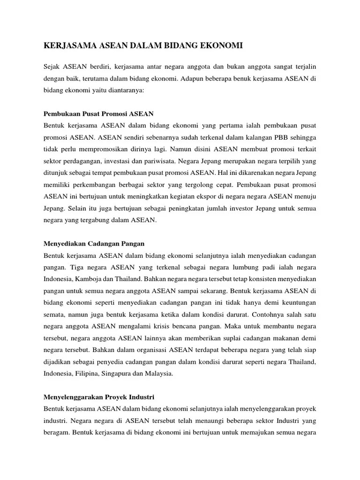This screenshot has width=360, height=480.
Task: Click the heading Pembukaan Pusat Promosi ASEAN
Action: [x=98, y=114]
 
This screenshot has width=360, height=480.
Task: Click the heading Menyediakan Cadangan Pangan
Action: [x=94, y=244]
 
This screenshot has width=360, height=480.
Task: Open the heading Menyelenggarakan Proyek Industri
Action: [x=99, y=397]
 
